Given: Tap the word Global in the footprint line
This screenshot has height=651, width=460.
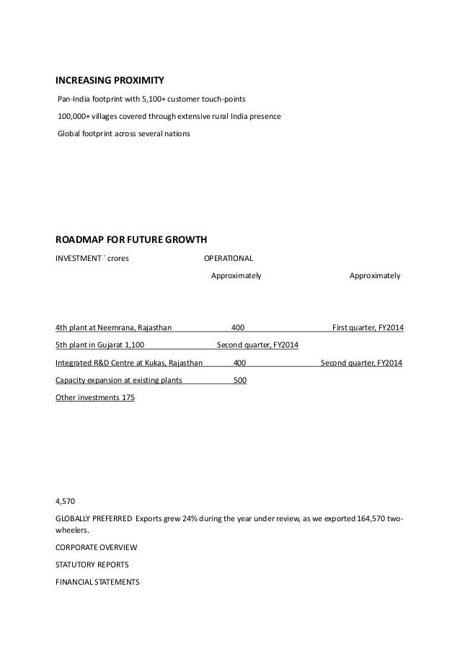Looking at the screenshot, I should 69,134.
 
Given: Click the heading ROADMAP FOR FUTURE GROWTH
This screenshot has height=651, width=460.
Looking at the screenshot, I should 131,241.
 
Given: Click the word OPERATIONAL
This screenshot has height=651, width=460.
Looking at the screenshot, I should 229,259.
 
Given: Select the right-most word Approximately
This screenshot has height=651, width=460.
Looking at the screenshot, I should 375,275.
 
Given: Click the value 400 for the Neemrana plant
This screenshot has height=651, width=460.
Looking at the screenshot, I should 237,328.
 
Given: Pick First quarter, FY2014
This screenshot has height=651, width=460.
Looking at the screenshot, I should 368,328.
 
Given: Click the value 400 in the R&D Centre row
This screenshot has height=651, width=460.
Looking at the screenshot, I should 240,363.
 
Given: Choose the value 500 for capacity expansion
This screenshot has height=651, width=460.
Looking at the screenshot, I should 240,380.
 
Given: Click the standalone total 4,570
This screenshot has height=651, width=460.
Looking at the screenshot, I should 65,500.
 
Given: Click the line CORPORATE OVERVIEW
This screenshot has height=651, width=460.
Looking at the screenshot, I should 96,546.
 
